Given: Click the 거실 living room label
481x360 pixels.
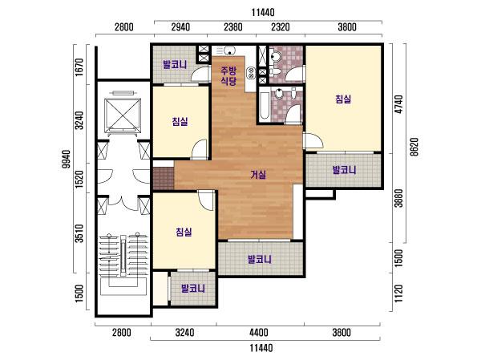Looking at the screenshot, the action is [x=258, y=175].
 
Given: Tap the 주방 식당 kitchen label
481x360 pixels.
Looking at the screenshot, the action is [x=228, y=76].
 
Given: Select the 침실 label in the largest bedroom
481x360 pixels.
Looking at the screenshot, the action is [x=343, y=99].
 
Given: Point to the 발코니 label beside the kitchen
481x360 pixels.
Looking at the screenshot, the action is [x=175, y=64].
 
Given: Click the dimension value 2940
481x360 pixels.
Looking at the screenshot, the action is [x=180, y=27].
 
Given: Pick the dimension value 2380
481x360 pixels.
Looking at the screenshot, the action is [x=233, y=27].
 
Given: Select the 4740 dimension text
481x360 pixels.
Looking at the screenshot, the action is [x=398, y=104].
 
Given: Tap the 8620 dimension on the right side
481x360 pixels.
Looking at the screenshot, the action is [x=414, y=147].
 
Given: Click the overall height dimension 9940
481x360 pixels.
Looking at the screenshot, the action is [x=66, y=159].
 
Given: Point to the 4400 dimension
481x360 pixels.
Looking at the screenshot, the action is [x=259, y=333].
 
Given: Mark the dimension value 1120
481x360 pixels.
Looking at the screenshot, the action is [x=398, y=293].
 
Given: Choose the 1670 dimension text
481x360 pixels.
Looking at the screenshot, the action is [x=79, y=67].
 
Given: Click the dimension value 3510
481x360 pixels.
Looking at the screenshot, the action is [x=79, y=233].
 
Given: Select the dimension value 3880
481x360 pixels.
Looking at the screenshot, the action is [x=398, y=198].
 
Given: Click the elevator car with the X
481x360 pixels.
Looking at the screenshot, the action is [x=123, y=115].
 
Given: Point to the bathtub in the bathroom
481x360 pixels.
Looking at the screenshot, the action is [x=264, y=105].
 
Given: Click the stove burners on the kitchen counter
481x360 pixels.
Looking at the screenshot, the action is [x=251, y=73].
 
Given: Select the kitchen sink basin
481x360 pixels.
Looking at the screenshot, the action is [x=229, y=50].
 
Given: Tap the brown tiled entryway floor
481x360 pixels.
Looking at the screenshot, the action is [x=164, y=178].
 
